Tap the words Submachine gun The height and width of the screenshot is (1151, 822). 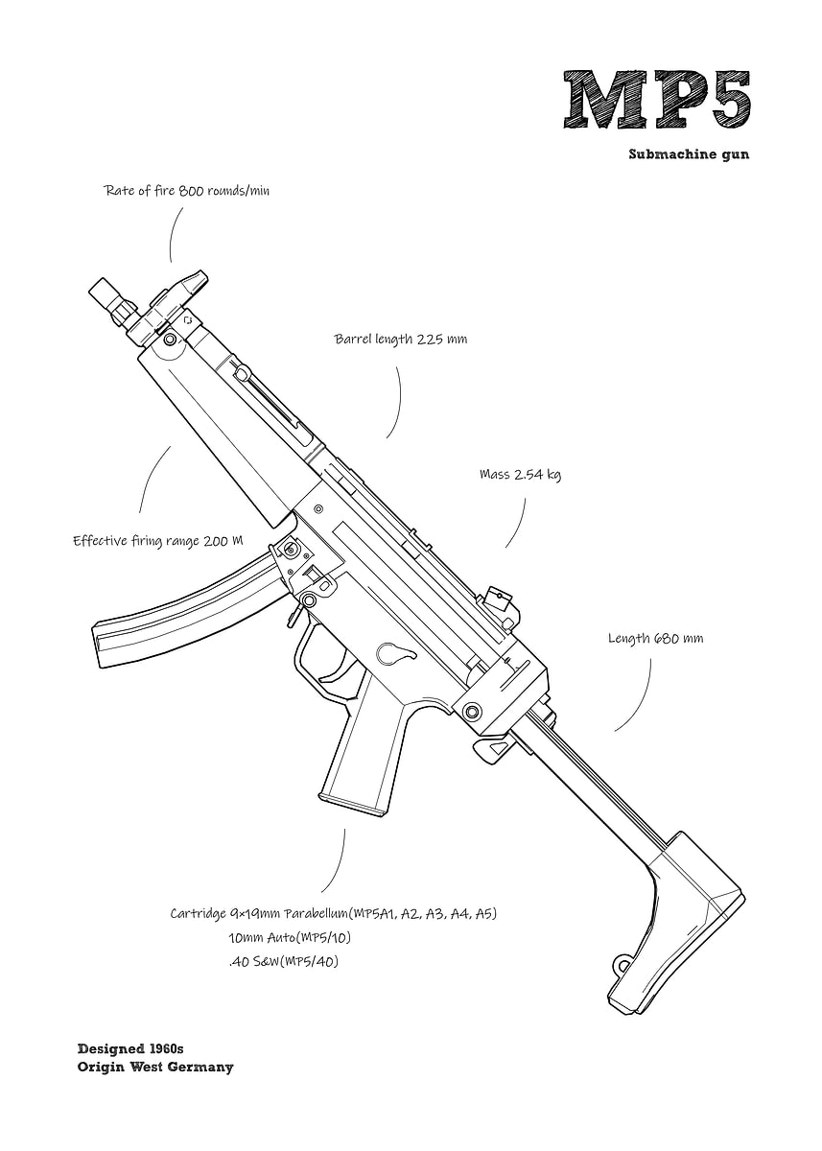coord(689,153)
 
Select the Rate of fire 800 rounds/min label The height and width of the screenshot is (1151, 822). coord(186,191)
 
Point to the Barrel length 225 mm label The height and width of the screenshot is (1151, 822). coord(400,340)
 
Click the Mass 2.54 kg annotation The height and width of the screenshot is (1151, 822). coord(520,475)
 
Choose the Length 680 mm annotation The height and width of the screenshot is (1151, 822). coord(655,638)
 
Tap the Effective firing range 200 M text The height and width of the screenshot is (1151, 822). coord(157,541)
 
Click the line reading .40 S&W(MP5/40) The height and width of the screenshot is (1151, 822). coord(283,961)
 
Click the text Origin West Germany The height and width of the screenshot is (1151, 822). coord(154,1067)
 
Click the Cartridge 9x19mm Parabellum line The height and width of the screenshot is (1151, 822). coord(333,913)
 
